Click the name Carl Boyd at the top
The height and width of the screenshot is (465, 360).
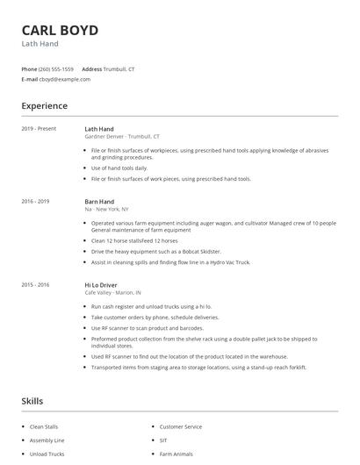(60, 30)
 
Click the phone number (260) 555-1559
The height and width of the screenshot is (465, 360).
(57, 68)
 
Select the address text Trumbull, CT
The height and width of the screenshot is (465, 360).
(119, 68)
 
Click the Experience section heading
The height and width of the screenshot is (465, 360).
(44, 106)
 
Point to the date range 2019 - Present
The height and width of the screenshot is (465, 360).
(39, 129)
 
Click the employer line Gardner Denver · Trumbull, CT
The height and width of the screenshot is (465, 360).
(122, 137)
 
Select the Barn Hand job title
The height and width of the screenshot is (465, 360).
(99, 202)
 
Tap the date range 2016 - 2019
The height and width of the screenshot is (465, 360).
(35, 202)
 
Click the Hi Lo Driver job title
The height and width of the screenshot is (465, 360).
(102, 284)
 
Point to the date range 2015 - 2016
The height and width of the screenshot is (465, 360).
(35, 284)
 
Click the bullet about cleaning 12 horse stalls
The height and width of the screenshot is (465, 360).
(134, 240)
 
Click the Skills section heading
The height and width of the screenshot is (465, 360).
(32, 401)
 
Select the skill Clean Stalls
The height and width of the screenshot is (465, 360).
(44, 426)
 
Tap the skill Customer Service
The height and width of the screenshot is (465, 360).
(181, 426)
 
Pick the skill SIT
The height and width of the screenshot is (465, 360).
(163, 440)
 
